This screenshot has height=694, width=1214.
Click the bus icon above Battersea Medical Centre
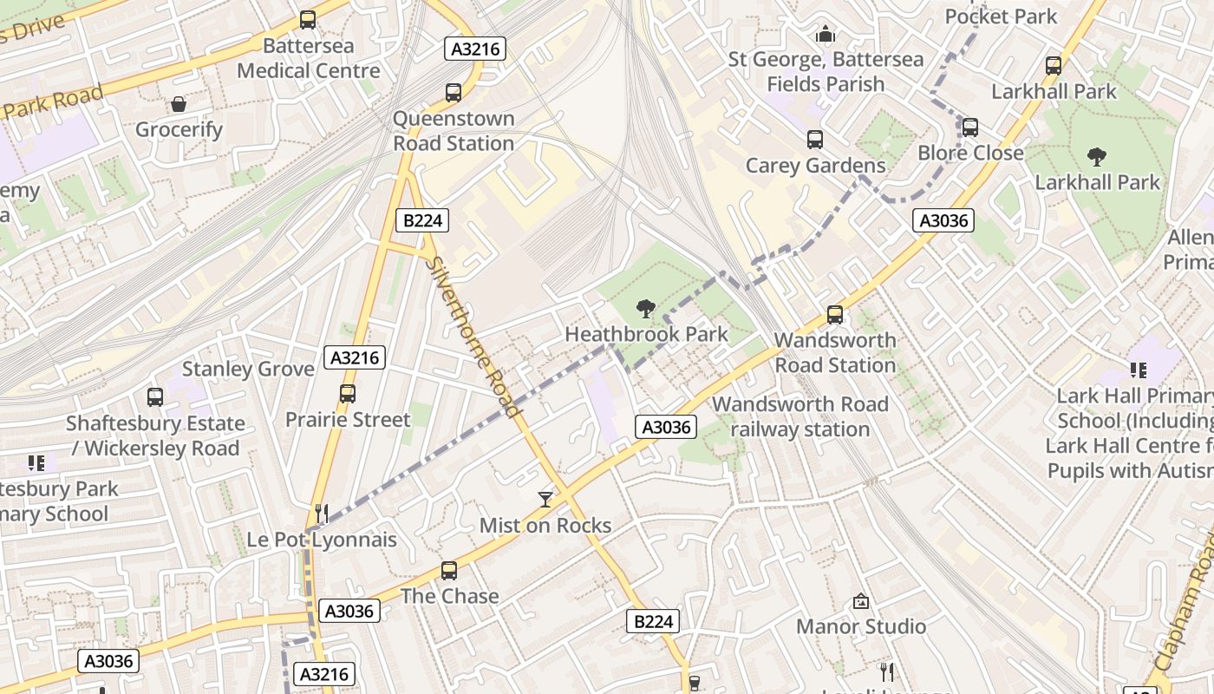click(307, 19)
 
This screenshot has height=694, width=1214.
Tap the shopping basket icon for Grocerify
click(179, 104)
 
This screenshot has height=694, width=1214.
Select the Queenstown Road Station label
click(454, 131)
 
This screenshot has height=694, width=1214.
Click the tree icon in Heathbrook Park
click(645, 307)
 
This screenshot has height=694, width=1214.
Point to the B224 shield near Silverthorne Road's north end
click(423, 220)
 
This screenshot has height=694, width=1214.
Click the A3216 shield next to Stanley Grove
click(356, 357)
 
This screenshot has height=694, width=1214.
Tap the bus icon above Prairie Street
click(348, 393)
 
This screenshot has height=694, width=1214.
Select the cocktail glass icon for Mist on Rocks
click(545, 499)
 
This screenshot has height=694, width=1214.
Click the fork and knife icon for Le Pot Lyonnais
click(321, 513)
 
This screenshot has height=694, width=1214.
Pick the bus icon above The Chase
click(448, 570)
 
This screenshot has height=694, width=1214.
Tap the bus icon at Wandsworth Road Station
click(834, 314)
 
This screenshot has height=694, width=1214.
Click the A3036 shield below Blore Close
click(943, 220)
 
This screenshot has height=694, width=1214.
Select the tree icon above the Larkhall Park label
click(1096, 157)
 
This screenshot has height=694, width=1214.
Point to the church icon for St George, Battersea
click(825, 34)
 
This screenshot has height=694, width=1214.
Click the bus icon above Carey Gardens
click(814, 139)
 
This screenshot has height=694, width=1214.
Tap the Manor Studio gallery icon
click(860, 600)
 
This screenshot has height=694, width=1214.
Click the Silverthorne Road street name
click(475, 338)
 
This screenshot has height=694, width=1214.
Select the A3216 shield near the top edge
click(475, 49)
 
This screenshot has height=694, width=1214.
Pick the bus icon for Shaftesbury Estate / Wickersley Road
click(155, 397)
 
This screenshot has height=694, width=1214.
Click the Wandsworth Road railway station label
click(800, 416)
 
